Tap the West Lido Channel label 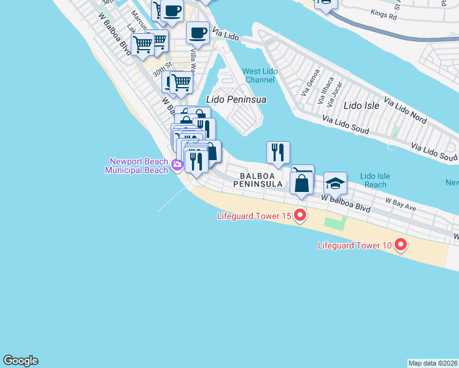click(260, 75)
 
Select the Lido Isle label click(362, 105)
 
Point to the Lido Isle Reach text click(374, 180)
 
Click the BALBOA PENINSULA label click(257, 179)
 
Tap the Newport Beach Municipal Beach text click(137, 166)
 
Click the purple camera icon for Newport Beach click(177, 164)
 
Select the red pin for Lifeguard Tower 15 click(300, 215)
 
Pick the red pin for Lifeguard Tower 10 click(401, 245)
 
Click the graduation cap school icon click(335, 183)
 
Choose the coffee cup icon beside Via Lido click(198, 33)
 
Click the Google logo click(20, 361)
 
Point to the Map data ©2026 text click(433, 363)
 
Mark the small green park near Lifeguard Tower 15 click(335, 222)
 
